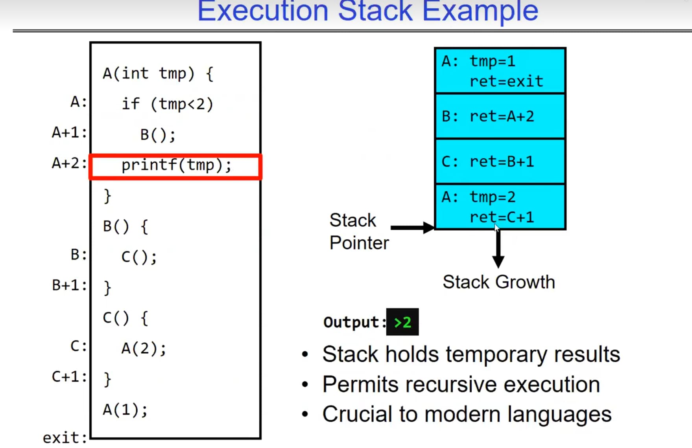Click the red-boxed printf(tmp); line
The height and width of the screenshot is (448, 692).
175,167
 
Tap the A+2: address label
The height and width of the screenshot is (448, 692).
69,163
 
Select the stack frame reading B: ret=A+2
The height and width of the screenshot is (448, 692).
500,116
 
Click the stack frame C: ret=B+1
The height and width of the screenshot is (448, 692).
500,162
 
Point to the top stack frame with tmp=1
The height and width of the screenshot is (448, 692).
500,71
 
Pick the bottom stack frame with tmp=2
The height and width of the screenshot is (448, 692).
500,207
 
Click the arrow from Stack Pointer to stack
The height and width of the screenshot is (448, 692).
412,228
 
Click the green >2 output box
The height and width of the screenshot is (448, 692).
402,322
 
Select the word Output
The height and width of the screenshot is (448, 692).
351,322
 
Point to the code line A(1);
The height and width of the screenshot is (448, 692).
125,410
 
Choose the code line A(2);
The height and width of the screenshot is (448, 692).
144,349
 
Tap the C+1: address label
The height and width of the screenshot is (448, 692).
69,377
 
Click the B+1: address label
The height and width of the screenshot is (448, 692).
69,285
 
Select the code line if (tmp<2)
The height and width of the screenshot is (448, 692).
168,104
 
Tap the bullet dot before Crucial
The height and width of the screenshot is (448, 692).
305,414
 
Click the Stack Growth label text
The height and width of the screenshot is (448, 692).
499,282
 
